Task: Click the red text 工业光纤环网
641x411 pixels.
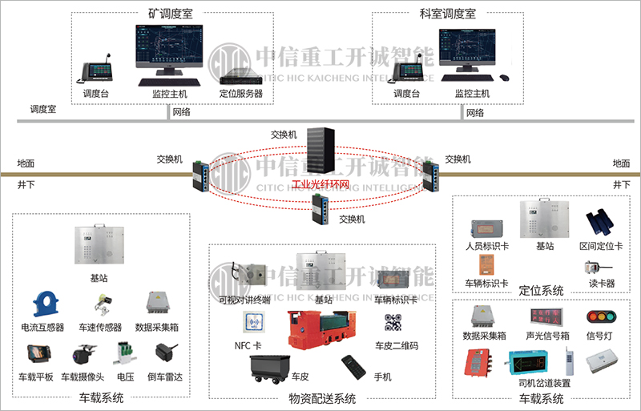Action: click(x=320, y=185)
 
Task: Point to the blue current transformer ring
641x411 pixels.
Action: click(x=44, y=304)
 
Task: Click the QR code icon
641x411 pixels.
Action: click(x=394, y=324)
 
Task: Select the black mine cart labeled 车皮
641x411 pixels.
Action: click(x=269, y=367)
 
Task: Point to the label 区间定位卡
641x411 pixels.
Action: click(x=598, y=245)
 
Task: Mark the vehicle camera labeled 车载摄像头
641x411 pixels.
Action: click(x=83, y=355)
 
